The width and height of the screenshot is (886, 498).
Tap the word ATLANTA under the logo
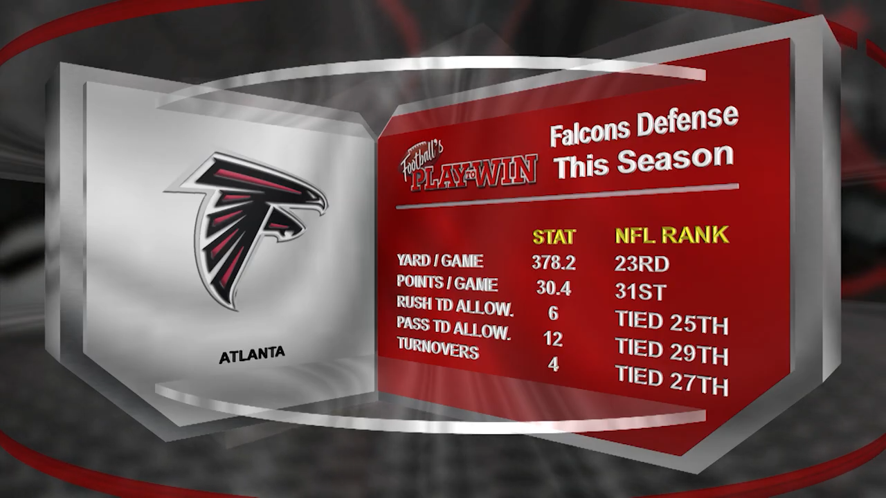[252, 355]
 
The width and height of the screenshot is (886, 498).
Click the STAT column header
[554, 237]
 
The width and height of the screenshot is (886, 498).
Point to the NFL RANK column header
[671, 235]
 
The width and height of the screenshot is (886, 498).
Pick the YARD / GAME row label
[440, 261]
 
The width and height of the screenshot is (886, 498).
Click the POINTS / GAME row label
[447, 283]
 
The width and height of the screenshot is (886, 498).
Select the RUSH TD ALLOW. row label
[455, 306]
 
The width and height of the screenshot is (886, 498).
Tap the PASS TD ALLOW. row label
[453, 329]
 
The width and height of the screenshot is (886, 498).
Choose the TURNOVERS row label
[438, 348]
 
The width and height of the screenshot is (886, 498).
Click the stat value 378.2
[554, 262]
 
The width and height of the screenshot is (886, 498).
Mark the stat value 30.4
[554, 288]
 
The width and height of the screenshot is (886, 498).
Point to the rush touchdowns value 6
[553, 313]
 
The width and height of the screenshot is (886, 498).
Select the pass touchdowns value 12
[553, 339]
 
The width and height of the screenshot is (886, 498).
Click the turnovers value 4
[553, 365]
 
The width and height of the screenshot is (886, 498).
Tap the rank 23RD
[642, 264]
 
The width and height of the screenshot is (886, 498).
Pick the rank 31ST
[640, 292]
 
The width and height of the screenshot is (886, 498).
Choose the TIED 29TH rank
[672, 351]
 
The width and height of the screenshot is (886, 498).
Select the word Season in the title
[676, 158]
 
